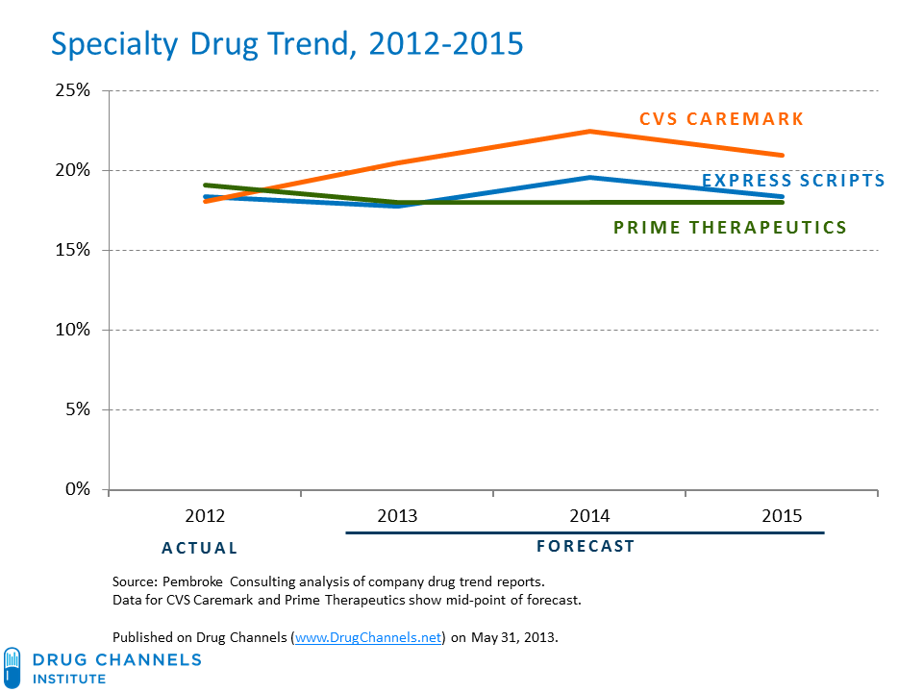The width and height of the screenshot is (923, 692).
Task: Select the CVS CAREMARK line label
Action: click(721, 119)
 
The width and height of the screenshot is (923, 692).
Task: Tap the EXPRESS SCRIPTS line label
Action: click(793, 180)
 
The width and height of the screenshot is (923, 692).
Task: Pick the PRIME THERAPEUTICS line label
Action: click(730, 228)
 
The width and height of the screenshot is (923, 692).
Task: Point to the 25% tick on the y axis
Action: click(71, 91)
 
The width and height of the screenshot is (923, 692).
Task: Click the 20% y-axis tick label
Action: click(71, 171)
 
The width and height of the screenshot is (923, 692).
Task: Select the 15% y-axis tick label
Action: click(71, 251)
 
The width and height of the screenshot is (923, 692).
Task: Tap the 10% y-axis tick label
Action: click(71, 330)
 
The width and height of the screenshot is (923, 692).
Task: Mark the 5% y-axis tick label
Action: click(75, 409)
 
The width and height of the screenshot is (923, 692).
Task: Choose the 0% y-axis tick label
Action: click(75, 489)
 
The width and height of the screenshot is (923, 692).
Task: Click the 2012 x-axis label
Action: click(205, 516)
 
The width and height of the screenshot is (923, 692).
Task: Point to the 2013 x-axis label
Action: click(397, 516)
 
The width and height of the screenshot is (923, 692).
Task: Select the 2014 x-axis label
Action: click(589, 516)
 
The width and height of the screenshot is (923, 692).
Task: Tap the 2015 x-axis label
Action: click(782, 516)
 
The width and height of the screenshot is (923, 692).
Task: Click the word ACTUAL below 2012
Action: click(199, 548)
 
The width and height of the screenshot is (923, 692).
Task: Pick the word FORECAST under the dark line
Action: click(585, 546)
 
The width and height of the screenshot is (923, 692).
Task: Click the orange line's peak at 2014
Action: click(589, 132)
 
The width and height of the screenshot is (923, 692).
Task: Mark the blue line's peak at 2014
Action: click(589, 178)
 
